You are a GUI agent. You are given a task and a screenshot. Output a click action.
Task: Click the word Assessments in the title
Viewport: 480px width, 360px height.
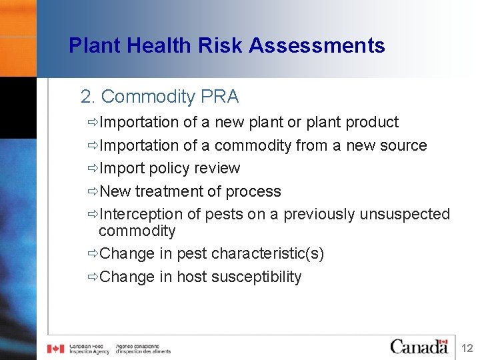[317, 45]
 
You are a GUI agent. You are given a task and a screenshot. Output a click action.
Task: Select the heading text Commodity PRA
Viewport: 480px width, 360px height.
[169, 97]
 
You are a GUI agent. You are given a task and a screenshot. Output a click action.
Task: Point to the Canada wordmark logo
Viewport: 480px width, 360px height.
[419, 346]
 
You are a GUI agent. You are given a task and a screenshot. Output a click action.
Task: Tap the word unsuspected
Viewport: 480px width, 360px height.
[405, 214]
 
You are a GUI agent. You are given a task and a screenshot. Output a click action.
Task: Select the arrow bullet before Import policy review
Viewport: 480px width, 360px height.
[92, 168]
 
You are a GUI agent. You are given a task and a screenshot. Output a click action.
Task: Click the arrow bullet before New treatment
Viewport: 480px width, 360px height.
[92, 191]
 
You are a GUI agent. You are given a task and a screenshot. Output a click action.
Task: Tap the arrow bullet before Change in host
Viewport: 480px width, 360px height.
[92, 277]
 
